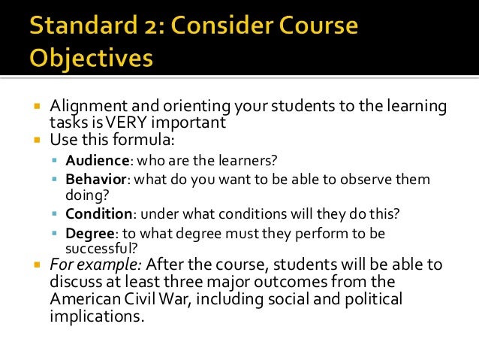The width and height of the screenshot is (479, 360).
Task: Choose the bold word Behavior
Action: point(93,180)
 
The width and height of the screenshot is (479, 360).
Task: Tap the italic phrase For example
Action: point(96,265)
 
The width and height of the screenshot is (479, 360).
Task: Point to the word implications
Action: point(95,316)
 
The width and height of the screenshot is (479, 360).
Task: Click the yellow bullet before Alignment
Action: point(35,108)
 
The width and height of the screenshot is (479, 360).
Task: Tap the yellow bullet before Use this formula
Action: point(35,141)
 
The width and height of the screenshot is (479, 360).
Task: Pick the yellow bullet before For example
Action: point(35,265)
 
